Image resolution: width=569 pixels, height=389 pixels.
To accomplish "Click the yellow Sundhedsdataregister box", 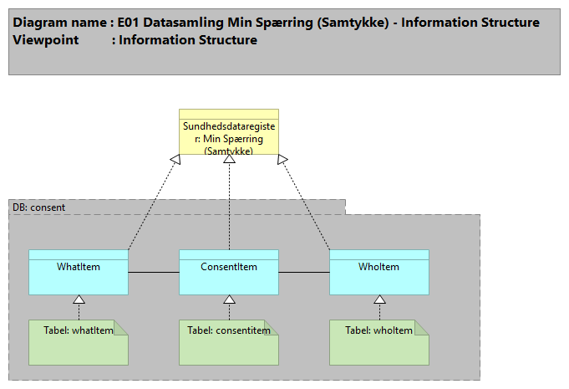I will tap(229, 134).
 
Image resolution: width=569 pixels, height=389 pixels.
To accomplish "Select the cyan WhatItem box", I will tap(79, 273).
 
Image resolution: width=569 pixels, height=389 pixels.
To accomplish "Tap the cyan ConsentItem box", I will tap(229, 273).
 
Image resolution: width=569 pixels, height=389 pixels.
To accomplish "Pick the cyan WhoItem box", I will tap(379, 273).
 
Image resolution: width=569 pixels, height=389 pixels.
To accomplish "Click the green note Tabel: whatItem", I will tap(79, 343).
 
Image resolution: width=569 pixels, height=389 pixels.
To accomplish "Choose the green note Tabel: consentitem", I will tap(229, 343).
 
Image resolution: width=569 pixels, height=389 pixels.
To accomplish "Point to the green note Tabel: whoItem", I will tap(379, 343).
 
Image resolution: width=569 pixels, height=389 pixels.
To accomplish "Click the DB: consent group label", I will tap(39, 207).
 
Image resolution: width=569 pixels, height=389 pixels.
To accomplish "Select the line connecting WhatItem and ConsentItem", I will tap(154, 273).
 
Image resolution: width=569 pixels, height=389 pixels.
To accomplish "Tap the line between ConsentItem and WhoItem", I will tap(304, 273).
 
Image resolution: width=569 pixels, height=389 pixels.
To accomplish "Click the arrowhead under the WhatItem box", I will tap(79, 299).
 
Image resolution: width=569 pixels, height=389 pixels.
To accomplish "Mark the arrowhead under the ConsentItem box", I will tap(229, 299).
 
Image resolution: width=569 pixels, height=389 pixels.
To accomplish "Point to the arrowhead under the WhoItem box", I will tap(379, 299).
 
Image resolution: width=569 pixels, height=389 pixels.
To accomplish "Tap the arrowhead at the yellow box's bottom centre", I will tap(229, 161).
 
